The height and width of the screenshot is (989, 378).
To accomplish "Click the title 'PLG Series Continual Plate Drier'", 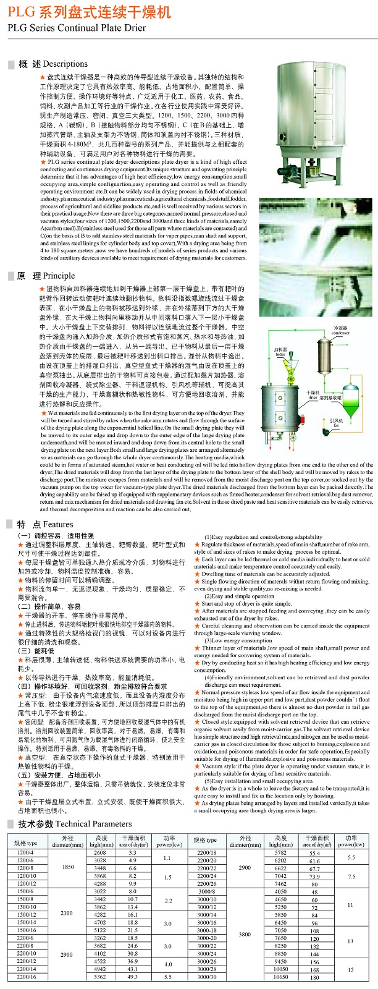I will pyautogui.click(x=77, y=28).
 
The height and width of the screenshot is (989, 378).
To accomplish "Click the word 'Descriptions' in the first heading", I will pyautogui.click(x=65, y=64).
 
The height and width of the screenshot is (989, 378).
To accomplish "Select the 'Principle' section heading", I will pyautogui.click(x=59, y=276).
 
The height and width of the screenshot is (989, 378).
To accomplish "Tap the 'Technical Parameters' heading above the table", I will pyautogui.click(x=93, y=824).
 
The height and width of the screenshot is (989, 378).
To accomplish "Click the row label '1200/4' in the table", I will pyautogui.click(x=25, y=853).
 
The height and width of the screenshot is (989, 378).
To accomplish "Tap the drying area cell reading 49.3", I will pyautogui.click(x=132, y=977).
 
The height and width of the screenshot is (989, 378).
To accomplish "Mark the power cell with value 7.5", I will pyautogui.click(x=351, y=877).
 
